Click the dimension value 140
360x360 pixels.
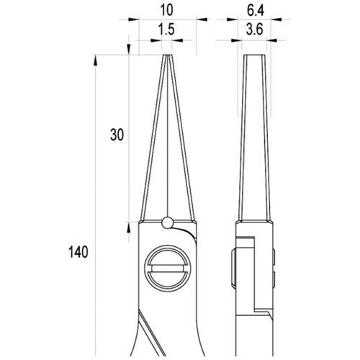[x=78, y=252]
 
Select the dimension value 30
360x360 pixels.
[x=117, y=135]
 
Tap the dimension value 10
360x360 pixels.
[x=166, y=10]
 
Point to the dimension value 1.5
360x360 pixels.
[x=166, y=30]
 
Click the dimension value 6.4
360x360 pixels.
[x=256, y=10]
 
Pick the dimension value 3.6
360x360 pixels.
[x=255, y=30]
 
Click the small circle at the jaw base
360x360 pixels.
[x=167, y=222]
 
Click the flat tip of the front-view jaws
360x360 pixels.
[x=168, y=55]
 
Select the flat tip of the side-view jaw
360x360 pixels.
[x=254, y=55]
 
